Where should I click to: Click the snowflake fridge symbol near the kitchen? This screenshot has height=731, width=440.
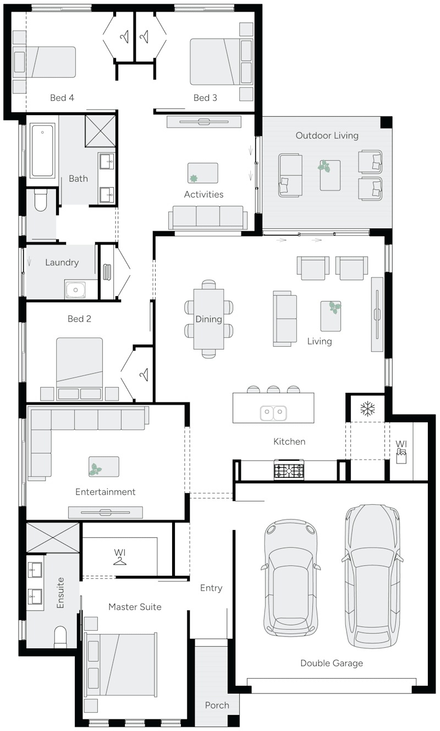coord(367,408)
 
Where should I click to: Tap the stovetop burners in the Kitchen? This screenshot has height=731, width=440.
coord(289,471)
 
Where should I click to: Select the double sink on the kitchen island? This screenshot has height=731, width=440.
coord(273,412)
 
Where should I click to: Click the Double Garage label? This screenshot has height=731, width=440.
coord(331,663)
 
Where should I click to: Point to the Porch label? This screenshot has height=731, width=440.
coord(217,705)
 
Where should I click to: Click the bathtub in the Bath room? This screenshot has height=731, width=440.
coord(42,150)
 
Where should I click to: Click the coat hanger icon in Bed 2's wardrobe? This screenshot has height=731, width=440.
coord(144,374)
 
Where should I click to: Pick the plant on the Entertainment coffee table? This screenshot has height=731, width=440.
coord(96,470)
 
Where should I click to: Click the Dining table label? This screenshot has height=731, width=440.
coord(208,319)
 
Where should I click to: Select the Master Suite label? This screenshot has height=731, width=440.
coord(135,607)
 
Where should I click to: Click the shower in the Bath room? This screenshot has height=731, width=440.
coord(100,130)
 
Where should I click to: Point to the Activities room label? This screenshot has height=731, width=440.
coord(204,194)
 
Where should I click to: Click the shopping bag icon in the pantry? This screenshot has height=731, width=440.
coord(402,456)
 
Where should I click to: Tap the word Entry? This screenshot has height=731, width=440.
coord(211,588)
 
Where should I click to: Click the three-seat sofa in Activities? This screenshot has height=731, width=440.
coord(207,217)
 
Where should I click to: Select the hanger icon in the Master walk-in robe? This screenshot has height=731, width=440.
coord(119,560)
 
